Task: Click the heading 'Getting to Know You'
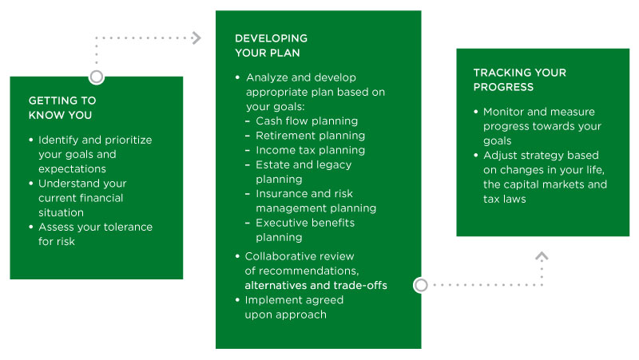coord(62,108)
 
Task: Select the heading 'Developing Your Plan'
coord(271,45)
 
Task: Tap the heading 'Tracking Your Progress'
coord(520,80)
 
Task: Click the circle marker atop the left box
coord(97,77)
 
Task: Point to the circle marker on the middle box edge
coord(421,285)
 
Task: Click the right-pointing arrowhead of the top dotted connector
coord(196,38)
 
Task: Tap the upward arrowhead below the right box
coord(542,256)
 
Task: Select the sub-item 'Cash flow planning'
coord(307,121)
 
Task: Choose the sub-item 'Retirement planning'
coord(310,136)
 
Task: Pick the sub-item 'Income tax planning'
coord(310,150)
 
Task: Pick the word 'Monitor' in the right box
coord(503,112)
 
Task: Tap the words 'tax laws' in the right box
coord(505,199)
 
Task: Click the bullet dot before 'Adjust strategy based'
coord(475,155)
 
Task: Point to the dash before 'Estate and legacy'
coord(248,165)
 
